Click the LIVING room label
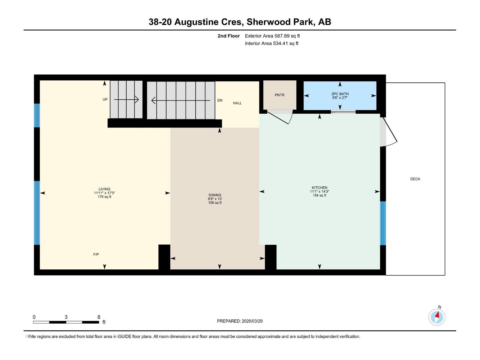point(104,189)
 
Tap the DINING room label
point(215,195)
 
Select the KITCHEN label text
point(319,188)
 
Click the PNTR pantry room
point(280,95)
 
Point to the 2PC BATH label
point(340,94)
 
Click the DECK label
point(415,179)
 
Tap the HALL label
point(237,103)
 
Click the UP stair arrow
point(126,100)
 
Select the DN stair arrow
point(180,100)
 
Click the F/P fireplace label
point(96,254)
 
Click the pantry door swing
point(280,117)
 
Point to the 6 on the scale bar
point(99,317)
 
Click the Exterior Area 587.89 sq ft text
point(272,36)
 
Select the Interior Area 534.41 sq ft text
point(271,43)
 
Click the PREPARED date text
point(240,321)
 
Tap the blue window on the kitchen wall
point(383,223)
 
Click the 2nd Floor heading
point(229,36)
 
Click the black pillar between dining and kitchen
point(271,257)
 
